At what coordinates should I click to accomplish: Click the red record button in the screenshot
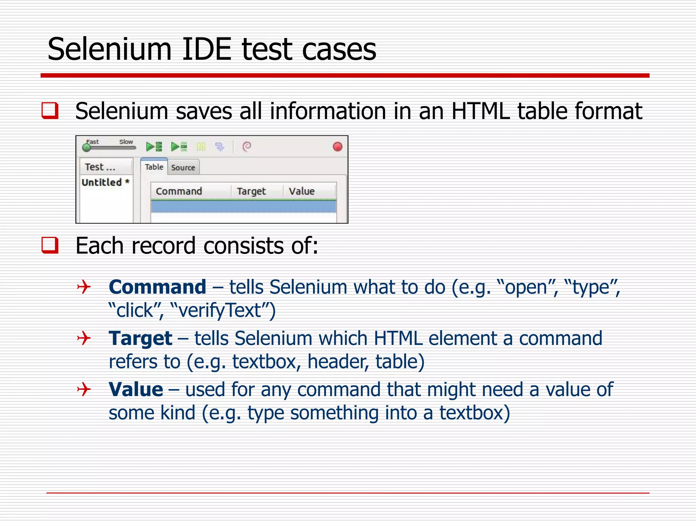337,147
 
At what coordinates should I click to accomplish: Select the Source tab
183,168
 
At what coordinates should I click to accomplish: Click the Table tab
154,167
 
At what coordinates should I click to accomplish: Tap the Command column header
179,191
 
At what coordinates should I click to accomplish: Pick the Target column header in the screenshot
251,191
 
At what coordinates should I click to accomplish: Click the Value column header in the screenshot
301,191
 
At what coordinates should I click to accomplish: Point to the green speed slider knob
87,147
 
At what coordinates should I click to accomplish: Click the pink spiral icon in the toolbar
247,147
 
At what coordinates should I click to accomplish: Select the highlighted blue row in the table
243,207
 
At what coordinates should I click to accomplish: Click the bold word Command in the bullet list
157,287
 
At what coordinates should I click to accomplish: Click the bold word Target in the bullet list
140,338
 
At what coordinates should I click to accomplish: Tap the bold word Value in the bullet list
136,389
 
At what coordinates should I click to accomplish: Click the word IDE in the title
207,50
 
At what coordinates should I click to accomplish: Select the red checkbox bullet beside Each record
50,245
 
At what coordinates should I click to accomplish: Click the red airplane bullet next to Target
84,338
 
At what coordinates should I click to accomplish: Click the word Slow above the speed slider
126,142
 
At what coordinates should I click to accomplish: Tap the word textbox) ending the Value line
474,413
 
